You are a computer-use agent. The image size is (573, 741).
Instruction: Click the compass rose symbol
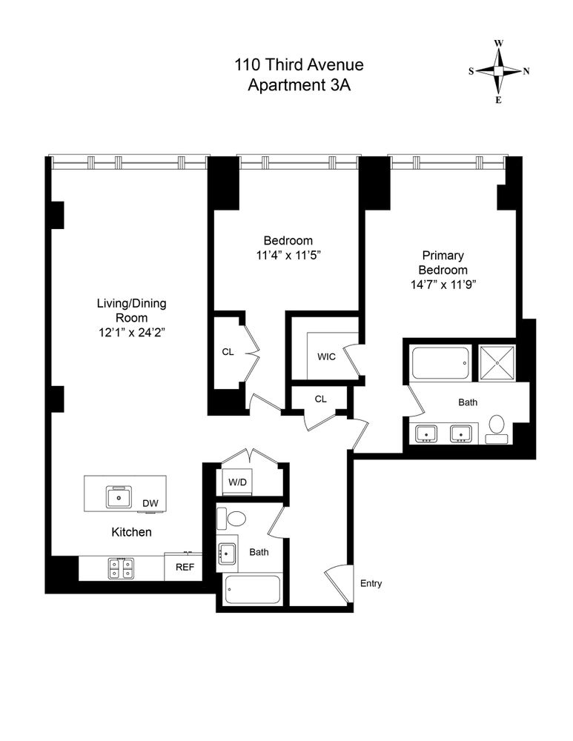(x=499, y=71)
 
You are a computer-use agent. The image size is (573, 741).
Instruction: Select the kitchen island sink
(x=117, y=496)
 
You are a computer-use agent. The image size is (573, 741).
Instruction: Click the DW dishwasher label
(x=150, y=504)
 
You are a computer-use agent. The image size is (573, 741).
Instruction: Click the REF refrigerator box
(x=184, y=568)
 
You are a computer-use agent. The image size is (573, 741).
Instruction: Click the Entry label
(x=371, y=583)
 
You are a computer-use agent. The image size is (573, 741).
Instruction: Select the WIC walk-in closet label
(x=327, y=356)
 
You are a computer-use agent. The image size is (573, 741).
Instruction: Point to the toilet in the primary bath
(x=496, y=428)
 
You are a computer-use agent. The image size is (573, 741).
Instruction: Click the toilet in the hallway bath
(x=236, y=518)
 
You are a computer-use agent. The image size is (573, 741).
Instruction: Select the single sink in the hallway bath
(x=228, y=552)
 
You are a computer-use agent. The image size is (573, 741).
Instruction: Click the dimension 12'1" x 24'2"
(x=131, y=332)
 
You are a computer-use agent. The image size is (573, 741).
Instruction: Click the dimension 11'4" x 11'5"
(x=288, y=255)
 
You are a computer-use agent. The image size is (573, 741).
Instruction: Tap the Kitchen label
(x=131, y=532)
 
